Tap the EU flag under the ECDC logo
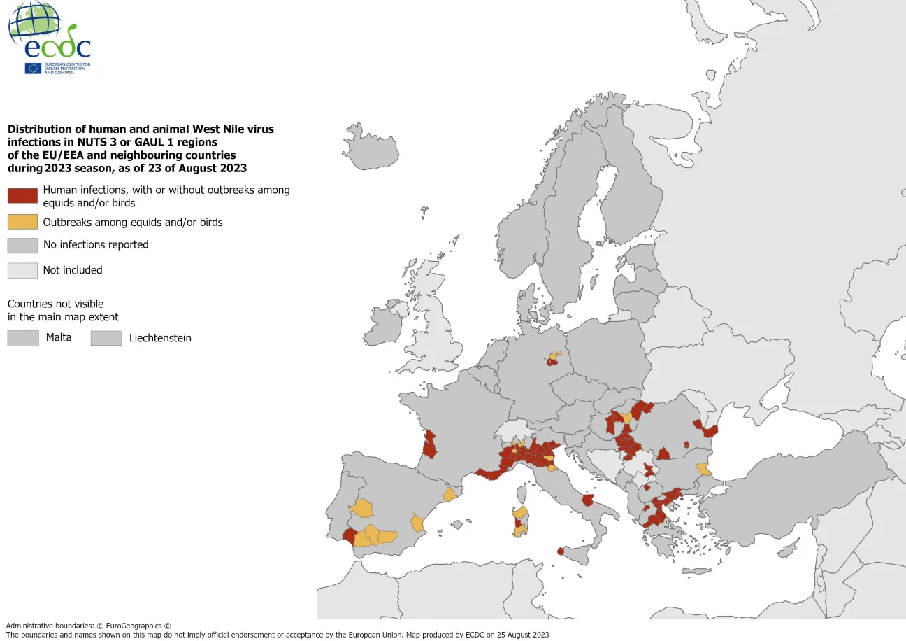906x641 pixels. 33,69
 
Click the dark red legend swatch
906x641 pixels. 22,196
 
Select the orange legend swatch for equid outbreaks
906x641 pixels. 22,222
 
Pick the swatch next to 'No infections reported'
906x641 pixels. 22,245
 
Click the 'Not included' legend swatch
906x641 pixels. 22,270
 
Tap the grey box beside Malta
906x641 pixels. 22,338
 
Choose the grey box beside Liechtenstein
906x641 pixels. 106,338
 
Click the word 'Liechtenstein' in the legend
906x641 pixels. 160,338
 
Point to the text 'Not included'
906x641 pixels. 73,270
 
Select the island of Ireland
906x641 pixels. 388,323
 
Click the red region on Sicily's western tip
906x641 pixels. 561,551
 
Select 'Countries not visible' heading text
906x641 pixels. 55,304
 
